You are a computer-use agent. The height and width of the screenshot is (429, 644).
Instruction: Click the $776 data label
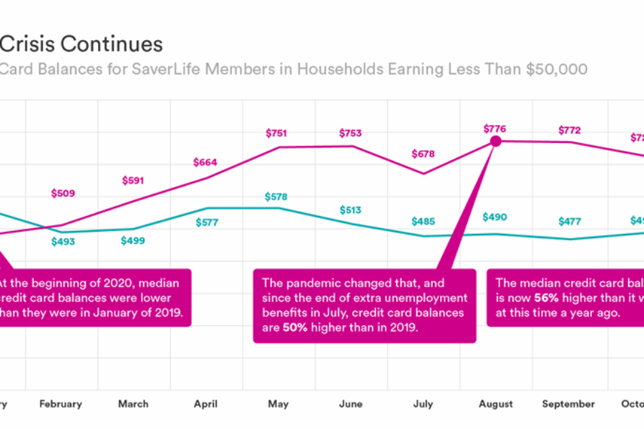[x=494, y=129]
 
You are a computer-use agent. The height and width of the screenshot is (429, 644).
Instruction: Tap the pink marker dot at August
[x=494, y=142]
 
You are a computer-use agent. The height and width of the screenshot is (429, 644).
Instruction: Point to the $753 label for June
[x=350, y=133]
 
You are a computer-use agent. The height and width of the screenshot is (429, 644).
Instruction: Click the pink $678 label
[x=423, y=154]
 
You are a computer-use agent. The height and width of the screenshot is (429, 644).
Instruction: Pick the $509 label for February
[x=63, y=193]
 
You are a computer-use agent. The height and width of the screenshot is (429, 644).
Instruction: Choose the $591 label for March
[x=133, y=181]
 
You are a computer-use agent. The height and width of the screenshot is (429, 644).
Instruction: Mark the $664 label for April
[x=205, y=162]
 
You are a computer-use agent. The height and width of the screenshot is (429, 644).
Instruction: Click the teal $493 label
[x=63, y=242]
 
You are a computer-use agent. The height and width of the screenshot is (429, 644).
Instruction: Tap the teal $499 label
[x=133, y=240]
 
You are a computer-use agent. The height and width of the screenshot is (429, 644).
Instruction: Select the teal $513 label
[x=350, y=210]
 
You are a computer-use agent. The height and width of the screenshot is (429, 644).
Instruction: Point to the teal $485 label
[x=423, y=222]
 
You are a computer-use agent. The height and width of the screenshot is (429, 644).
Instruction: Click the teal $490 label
[x=494, y=217]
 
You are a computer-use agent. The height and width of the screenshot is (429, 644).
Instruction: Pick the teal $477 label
[x=569, y=222]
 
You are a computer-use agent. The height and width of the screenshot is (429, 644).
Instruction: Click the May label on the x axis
[x=278, y=404]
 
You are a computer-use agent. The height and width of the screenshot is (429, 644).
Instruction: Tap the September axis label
[x=568, y=404]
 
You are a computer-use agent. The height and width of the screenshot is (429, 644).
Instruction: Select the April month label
[x=205, y=404]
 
